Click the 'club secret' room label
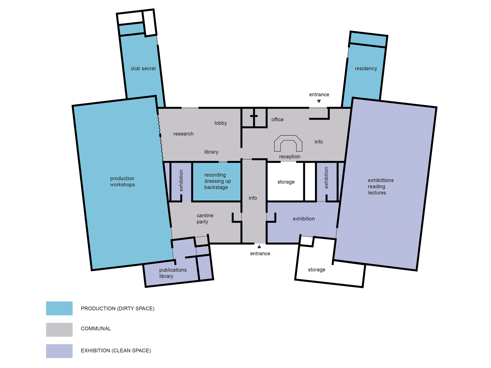click(143, 68)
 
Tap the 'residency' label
click(366, 68)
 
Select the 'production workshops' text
click(122, 181)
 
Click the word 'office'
click(277, 120)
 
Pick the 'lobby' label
click(221, 123)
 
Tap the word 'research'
click(183, 134)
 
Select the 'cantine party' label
click(205, 218)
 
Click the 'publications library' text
click(173, 273)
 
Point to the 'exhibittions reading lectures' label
click(381, 186)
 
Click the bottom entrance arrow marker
click(259, 247)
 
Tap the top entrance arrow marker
click(319, 101)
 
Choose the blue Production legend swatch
click(59, 308)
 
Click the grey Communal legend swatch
click(59, 329)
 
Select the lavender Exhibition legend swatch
click(59, 351)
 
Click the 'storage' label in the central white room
click(286, 182)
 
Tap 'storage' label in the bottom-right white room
click(316, 270)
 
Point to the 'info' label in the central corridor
click(253, 198)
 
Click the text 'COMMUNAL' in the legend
click(96, 328)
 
